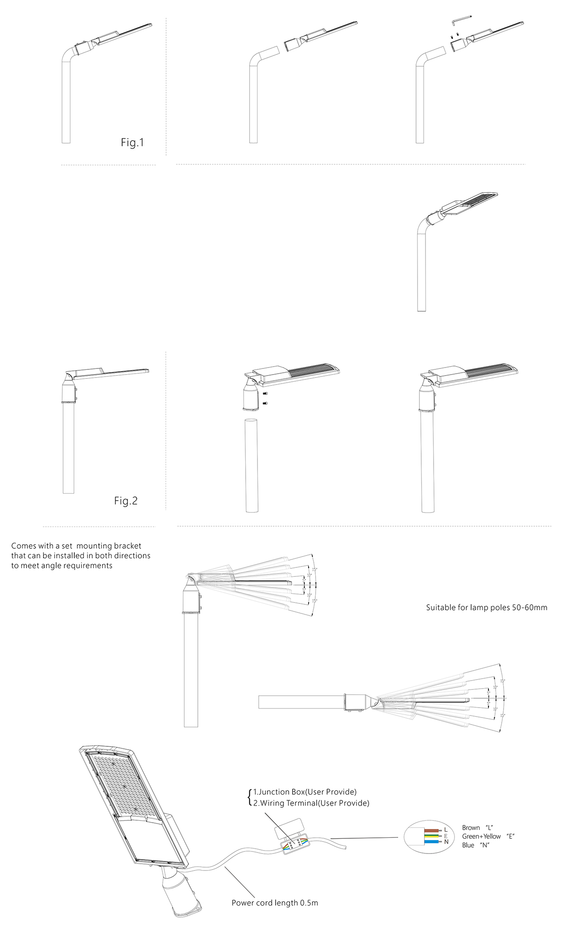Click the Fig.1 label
click(x=132, y=143)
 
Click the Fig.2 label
click(x=126, y=501)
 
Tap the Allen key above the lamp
click(x=461, y=20)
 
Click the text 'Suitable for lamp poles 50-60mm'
click(x=487, y=608)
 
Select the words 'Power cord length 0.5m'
click(x=275, y=903)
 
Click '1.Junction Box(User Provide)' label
click(x=305, y=792)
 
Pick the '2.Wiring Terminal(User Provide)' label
click(x=311, y=803)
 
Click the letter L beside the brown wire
click(x=446, y=830)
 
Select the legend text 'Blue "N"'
click(x=475, y=845)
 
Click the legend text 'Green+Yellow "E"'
click(x=488, y=836)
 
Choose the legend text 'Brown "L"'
click(x=478, y=828)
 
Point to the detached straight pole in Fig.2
click(x=252, y=466)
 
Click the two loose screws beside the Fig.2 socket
click(x=265, y=398)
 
